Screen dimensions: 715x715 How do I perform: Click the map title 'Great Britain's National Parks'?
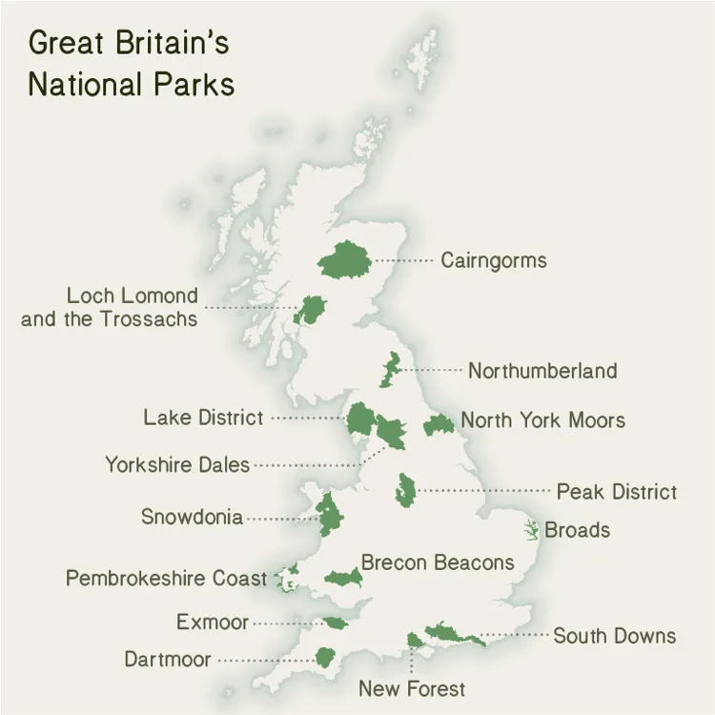[x=131, y=63]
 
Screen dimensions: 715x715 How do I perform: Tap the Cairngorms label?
[x=493, y=260]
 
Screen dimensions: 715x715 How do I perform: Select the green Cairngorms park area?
[x=344, y=259]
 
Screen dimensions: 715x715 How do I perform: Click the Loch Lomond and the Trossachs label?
[x=109, y=307]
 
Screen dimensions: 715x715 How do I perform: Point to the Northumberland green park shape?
[x=389, y=370]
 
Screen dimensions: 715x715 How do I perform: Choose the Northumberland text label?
[x=541, y=371]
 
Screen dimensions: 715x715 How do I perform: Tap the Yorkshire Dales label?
[x=176, y=465]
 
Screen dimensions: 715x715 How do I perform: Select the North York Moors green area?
[x=439, y=424]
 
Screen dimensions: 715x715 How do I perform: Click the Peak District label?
[x=616, y=492]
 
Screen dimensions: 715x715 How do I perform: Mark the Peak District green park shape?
[x=406, y=490]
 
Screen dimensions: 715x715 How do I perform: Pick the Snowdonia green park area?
[x=330, y=515]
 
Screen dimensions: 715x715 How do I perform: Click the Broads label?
[x=577, y=530]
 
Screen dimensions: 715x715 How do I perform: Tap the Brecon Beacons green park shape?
[x=342, y=578]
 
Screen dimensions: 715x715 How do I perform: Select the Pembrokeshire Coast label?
[x=166, y=579]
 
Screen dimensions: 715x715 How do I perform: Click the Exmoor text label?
[x=212, y=623]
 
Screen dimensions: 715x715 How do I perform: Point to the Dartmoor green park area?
[x=326, y=658]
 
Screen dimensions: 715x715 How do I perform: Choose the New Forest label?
[x=412, y=688]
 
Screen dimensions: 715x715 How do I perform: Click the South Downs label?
[x=614, y=635]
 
